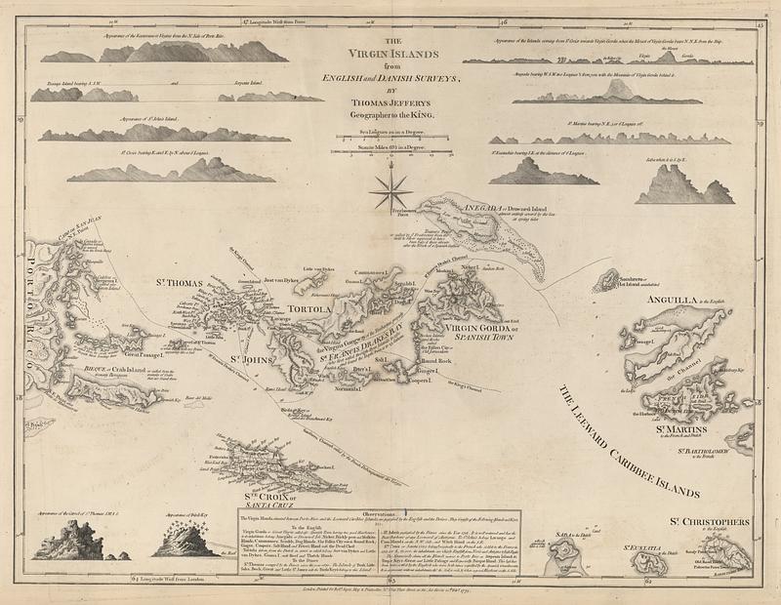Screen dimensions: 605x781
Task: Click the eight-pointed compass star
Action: coord(390,189)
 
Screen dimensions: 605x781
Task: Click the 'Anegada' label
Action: coord(459,205)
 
